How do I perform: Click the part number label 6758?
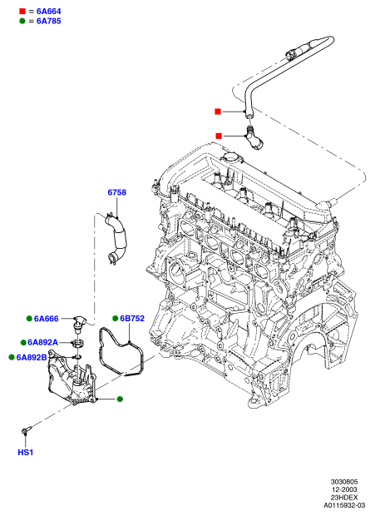coord(116,192)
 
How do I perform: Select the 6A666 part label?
coord(47,319)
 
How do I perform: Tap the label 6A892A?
coord(42,343)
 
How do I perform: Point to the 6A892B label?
coord(32,357)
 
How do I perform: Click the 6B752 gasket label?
coord(132,318)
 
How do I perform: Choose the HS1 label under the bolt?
coord(26,453)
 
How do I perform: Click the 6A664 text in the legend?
coord(48,12)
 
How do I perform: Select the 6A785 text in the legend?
coord(48,21)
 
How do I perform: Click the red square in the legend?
coord(22,11)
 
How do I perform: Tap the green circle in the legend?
coord(22,21)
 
